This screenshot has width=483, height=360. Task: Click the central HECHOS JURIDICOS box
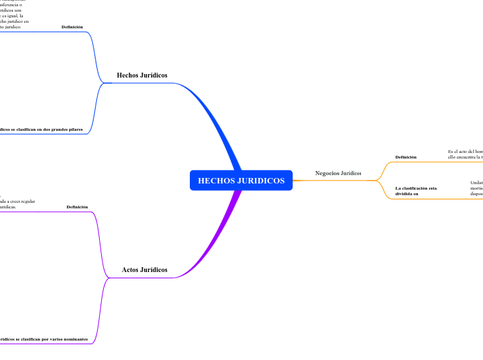241,180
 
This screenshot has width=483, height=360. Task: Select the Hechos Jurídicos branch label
142,75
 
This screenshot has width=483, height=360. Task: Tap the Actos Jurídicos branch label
144,269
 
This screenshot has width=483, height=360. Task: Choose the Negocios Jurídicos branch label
338,173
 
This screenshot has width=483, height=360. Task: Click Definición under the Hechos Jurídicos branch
72,27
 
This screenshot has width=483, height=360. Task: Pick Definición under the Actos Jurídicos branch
77,207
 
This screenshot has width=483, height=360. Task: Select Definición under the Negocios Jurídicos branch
406,157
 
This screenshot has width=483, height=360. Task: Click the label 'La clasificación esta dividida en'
416,191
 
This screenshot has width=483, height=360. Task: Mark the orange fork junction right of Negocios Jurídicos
378,180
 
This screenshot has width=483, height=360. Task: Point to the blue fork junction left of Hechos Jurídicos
103,83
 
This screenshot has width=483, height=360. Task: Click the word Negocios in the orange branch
327,173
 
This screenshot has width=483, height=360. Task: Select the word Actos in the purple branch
130,269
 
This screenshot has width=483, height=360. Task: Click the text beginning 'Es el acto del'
464,151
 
